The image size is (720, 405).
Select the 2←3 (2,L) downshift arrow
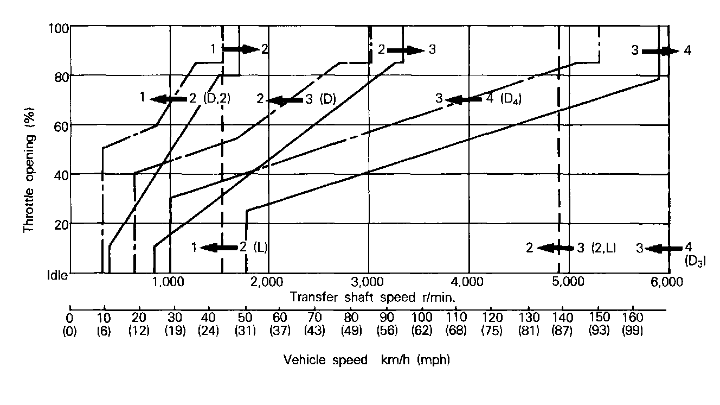click(x=556, y=248)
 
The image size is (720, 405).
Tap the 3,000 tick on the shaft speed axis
click(x=369, y=282)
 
